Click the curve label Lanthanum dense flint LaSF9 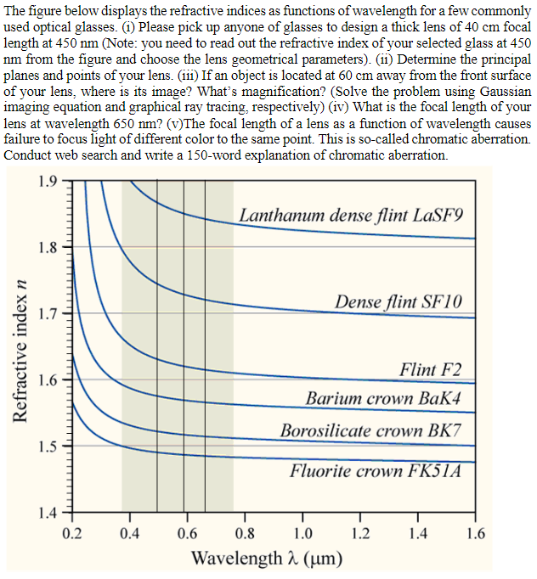pos(352,215)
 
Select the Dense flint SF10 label pos(399,302)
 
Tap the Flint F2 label pos(431,370)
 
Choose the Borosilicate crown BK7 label pos(371,430)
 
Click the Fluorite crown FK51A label pos(376,471)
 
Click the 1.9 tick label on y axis pos(49,180)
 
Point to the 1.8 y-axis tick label pos(49,247)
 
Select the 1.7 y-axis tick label pos(49,313)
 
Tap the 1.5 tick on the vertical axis pos(49,446)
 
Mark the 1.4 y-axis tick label pos(49,512)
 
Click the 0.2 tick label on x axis pos(73,534)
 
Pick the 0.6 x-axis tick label pos(187,534)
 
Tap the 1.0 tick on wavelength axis pos(302,534)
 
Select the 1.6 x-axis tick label pos(475,534)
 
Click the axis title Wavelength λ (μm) pos(268,559)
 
